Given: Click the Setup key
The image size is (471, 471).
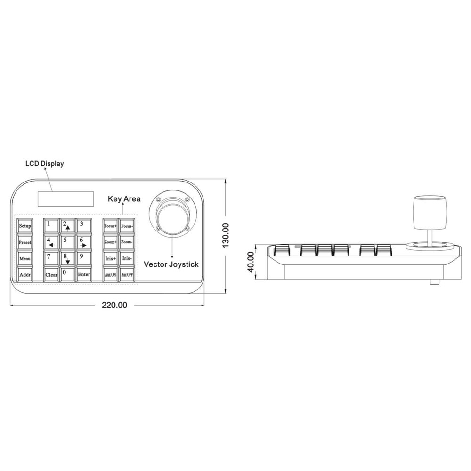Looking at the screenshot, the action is (25, 226).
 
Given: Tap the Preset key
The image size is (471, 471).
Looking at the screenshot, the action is (25, 242).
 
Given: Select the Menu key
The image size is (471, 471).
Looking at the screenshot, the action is (25, 258).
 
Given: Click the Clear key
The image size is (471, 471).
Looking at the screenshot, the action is (51, 274).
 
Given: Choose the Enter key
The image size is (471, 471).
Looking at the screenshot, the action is (84, 274).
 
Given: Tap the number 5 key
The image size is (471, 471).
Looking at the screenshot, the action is (67, 242).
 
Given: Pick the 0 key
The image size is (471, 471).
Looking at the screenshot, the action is (67, 274).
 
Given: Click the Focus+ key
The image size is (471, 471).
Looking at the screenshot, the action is (110, 226).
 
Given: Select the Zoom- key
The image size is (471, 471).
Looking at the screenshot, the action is (127, 242).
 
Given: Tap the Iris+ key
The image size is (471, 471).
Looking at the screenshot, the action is (110, 258).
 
